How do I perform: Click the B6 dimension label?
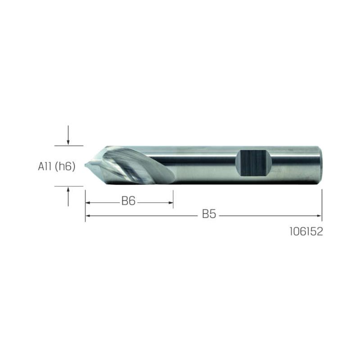pyautogui.click(x=128, y=201)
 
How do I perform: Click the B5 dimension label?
pyautogui.click(x=209, y=214)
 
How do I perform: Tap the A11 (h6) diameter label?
pyautogui.click(x=57, y=166)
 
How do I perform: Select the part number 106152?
pyautogui.click(x=306, y=231)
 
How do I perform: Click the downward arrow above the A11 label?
pyautogui.click(x=68, y=135)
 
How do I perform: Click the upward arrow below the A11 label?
pyautogui.click(x=68, y=197)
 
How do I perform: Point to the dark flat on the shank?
pyautogui.click(x=253, y=163)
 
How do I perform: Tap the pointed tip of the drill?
pyautogui.click(x=85, y=165)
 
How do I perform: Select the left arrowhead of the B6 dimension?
pyautogui.click(x=87, y=203)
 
